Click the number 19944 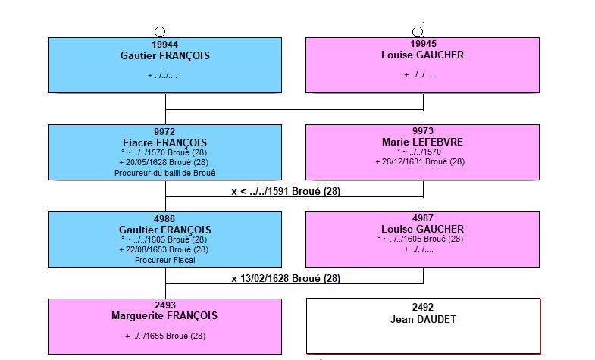click(164, 45)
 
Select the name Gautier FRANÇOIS click(165, 56)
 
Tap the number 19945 click(423, 44)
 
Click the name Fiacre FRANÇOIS click(164, 143)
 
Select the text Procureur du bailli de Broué click(164, 173)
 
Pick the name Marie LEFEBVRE click(422, 142)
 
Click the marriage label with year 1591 click(286, 192)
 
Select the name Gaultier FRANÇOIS click(165, 230)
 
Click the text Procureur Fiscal click(164, 260)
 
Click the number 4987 click(423, 218)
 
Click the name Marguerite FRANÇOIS click(164, 316)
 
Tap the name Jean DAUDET click(423, 319)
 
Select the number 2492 click(423, 307)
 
